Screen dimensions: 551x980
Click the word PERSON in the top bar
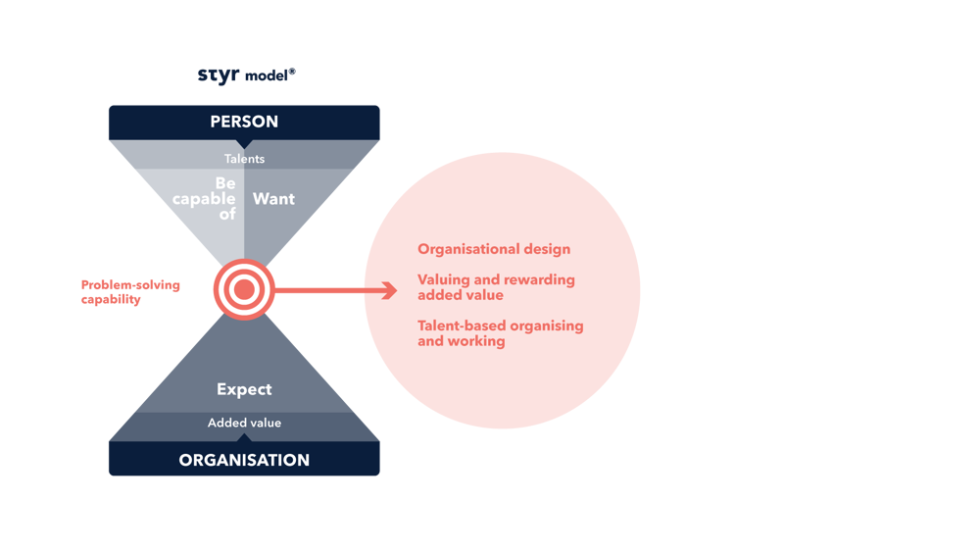click(244, 122)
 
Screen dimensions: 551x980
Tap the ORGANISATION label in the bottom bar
click(244, 460)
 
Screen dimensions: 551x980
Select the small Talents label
click(244, 159)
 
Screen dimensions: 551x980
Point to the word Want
click(273, 199)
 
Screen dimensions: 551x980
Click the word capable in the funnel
click(204, 199)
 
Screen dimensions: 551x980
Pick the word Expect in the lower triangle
click(244, 389)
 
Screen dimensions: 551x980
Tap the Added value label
click(244, 423)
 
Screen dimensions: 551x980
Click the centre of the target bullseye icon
click(244, 289)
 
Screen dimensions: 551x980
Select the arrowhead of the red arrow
click(389, 289)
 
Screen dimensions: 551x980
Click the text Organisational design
click(494, 249)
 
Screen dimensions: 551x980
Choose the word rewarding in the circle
click(540, 279)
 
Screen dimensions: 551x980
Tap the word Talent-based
click(462, 326)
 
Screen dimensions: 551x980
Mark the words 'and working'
click(462, 341)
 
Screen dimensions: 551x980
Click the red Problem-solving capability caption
click(129, 293)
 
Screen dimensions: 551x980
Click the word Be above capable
click(225, 183)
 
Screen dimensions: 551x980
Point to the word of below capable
click(227, 214)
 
